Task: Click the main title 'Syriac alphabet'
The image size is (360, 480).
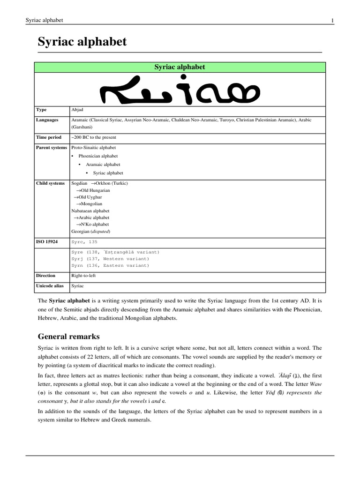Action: (82, 42)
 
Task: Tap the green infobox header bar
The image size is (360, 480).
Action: (180, 67)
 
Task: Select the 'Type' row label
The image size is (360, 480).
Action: (42, 110)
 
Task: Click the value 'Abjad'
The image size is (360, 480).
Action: (77, 110)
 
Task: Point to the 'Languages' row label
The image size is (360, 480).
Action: (47, 120)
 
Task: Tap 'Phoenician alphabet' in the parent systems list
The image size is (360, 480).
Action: (98, 156)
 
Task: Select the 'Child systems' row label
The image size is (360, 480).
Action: (51, 183)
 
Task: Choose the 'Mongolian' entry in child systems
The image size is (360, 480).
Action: (91, 204)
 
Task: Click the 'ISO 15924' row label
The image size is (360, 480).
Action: (47, 242)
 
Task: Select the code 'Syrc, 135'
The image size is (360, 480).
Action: (84, 242)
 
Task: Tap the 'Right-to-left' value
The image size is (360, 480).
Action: (83, 276)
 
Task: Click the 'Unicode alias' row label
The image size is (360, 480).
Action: (50, 285)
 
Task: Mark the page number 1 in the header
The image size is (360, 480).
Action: (332, 20)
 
